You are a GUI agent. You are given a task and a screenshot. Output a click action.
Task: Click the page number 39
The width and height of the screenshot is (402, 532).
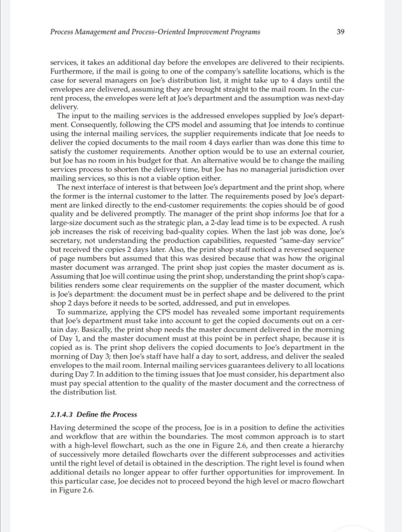(340, 32)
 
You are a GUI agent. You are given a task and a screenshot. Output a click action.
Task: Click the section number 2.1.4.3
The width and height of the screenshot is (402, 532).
(62, 414)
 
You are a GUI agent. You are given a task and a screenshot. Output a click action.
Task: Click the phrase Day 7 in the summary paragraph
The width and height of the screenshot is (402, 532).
(84, 374)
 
